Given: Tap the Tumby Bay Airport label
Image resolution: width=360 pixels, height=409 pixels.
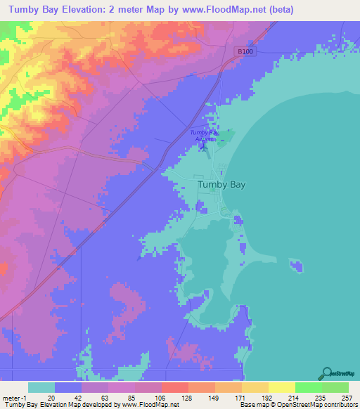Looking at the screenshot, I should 205,136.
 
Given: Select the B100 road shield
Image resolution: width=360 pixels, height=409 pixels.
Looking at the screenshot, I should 243,51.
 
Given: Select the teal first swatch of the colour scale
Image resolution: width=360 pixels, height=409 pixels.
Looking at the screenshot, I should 41,387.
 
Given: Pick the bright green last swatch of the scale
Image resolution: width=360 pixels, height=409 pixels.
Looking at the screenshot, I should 335,387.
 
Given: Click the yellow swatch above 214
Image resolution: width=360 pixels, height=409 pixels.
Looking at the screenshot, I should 281,387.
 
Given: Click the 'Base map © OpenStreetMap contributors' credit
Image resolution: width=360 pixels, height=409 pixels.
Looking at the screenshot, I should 297,405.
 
